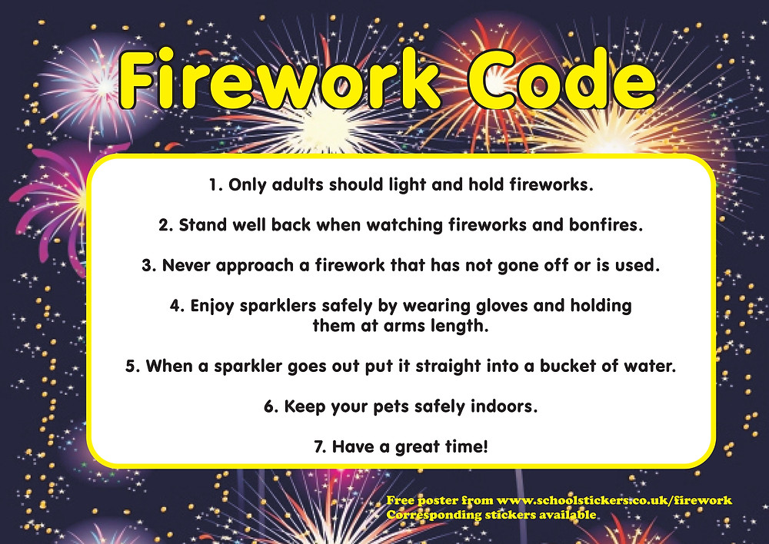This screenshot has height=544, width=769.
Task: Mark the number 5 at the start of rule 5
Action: pos(131,366)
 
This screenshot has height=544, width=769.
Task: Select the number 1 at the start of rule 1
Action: pos(213,185)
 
